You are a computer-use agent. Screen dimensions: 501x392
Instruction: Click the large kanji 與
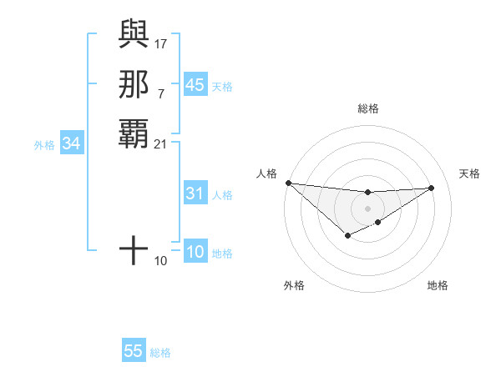134,33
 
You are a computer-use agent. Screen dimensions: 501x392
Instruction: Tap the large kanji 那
134,83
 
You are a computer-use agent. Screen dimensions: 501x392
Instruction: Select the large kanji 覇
134,133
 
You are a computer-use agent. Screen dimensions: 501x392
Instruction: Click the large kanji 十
134,250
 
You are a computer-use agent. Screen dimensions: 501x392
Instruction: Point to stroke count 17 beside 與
161,43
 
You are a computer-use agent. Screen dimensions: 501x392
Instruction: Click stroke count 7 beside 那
160,94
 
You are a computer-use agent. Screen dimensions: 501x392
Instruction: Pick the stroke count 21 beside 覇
161,144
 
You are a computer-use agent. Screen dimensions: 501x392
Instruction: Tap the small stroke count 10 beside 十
161,261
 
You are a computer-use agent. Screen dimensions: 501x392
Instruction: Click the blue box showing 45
195,85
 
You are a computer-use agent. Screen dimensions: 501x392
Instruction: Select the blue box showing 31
195,193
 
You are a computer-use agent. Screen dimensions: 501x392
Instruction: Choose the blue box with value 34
72,143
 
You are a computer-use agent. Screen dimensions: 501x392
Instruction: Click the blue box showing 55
134,351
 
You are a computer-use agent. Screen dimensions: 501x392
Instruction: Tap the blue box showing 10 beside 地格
195,252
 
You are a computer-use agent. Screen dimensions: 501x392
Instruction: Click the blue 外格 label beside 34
44,144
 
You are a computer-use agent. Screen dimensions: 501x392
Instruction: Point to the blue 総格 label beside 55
160,353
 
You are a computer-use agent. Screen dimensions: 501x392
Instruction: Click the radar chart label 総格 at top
368,108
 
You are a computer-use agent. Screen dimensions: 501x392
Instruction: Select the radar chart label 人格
267,173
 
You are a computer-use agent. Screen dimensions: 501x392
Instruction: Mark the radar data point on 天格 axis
432,188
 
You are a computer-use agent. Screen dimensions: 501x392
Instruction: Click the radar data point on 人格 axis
288,183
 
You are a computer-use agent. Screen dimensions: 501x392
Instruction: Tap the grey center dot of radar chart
368,209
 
